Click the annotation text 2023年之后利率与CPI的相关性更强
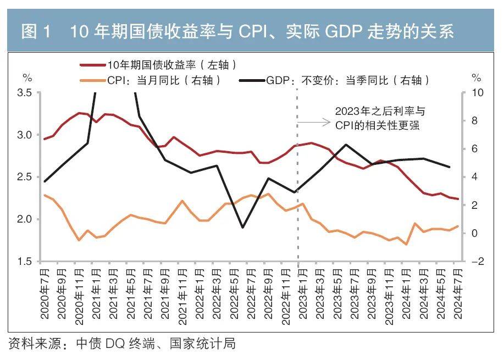click(x=380, y=118)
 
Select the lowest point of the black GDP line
click(x=242, y=228)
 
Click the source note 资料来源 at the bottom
click(x=121, y=344)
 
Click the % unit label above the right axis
click(x=476, y=77)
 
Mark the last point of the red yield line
click(x=458, y=199)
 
